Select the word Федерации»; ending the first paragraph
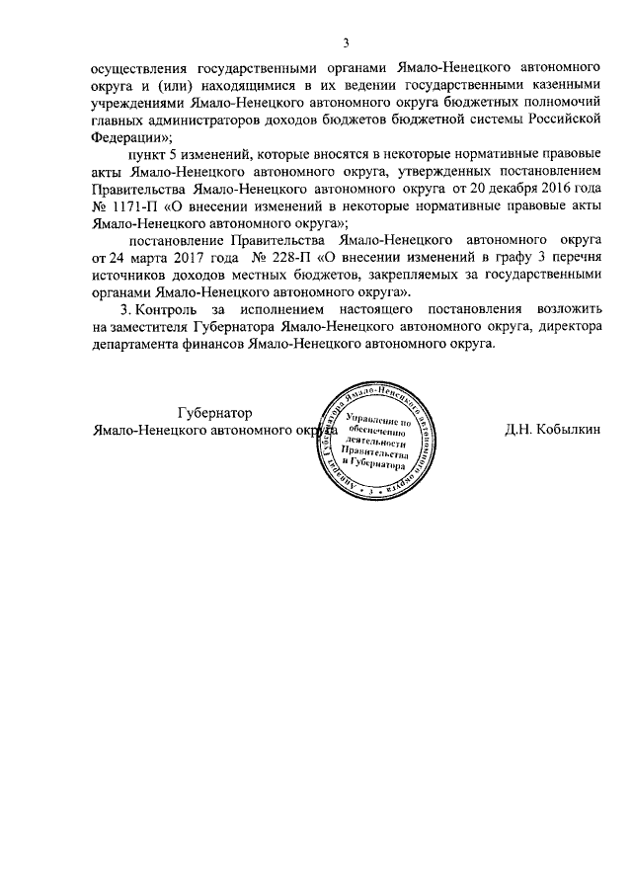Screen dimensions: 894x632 (x=133, y=137)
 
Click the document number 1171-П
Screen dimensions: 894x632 (x=138, y=208)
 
